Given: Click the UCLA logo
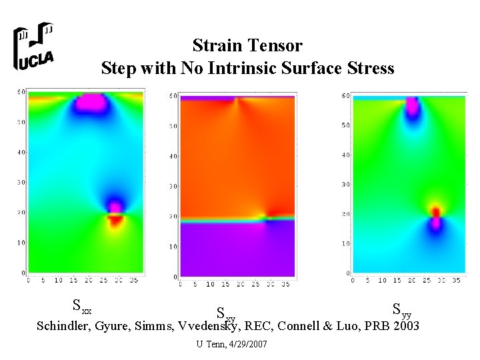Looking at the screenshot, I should (x=34, y=47).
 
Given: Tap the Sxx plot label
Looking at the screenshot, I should (x=82, y=307).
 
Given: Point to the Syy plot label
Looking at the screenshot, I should (x=401, y=309).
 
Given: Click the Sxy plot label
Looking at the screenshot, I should (x=225, y=313).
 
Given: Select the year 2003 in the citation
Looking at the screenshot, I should (x=407, y=326).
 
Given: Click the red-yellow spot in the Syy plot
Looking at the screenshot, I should (x=435, y=211).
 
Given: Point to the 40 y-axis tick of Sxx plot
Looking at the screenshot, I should (x=21, y=152).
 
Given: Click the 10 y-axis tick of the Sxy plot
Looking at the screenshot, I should (x=173, y=247).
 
